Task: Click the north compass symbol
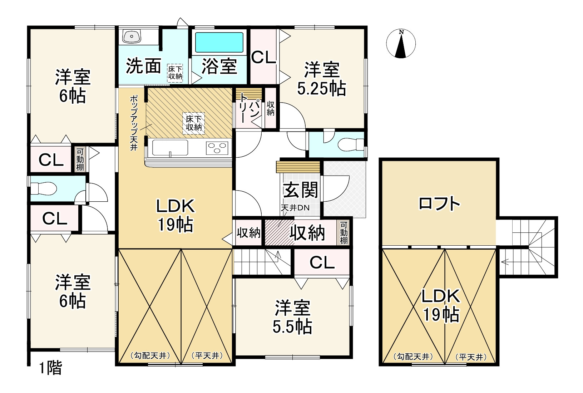coord(401,44)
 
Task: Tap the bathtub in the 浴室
coord(219,43)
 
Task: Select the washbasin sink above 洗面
coord(132,36)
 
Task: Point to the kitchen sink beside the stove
coord(170,147)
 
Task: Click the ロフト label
coord(439,204)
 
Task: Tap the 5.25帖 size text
coord(321,89)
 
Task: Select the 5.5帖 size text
coord(292,326)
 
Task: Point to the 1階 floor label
coord(50,368)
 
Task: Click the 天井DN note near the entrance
coord(295,208)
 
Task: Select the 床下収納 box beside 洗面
coord(175,73)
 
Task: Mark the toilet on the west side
coord(44,188)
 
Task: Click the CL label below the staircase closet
coord(322,262)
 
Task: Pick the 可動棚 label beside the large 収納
coord(344,233)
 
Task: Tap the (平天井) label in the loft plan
coord(471,357)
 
